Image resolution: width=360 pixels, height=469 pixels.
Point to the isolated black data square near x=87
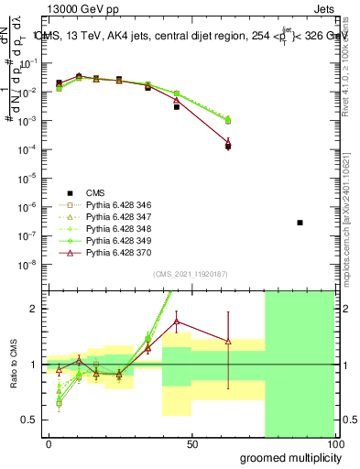pos(300,223)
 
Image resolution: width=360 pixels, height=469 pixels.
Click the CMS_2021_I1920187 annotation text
pos(191,274)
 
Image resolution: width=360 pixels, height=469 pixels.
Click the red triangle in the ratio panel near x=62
pos(228,342)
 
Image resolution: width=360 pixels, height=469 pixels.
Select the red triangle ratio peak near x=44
pos(177,321)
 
